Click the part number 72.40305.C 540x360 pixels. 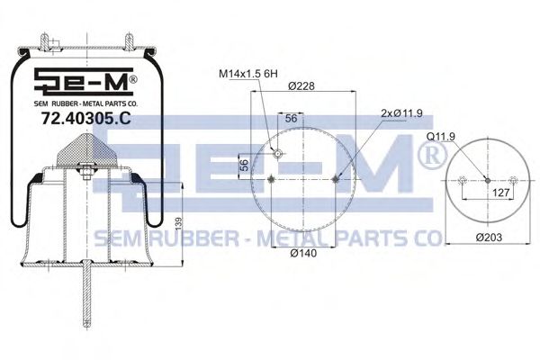click(x=85, y=119)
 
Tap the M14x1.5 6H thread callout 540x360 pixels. click(x=248, y=74)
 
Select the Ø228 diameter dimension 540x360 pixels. click(x=301, y=85)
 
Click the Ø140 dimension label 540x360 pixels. click(x=303, y=253)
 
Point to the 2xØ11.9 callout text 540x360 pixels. click(x=401, y=113)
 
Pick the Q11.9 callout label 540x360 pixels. click(x=440, y=137)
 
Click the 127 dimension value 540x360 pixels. click(x=500, y=193)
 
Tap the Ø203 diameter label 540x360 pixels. click(x=489, y=237)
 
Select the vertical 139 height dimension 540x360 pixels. click(x=178, y=224)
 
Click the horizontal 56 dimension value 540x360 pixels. click(x=291, y=118)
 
